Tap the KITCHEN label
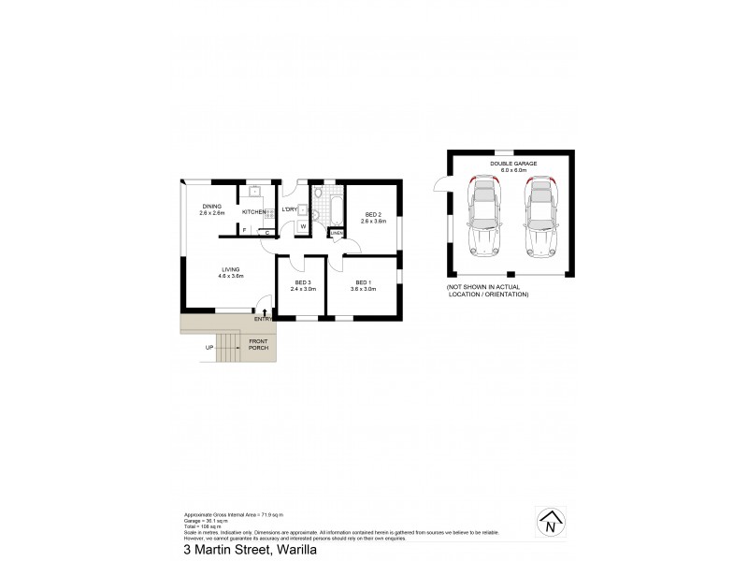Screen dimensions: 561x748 253,212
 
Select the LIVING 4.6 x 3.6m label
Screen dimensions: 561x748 205,272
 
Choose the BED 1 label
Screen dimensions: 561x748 363,285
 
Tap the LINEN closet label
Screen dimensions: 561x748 337,233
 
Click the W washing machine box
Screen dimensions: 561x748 303,225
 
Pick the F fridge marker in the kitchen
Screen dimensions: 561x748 245,229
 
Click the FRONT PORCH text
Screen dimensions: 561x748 259,347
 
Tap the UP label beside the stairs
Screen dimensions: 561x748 209,349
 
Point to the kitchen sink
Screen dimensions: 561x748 253,194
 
